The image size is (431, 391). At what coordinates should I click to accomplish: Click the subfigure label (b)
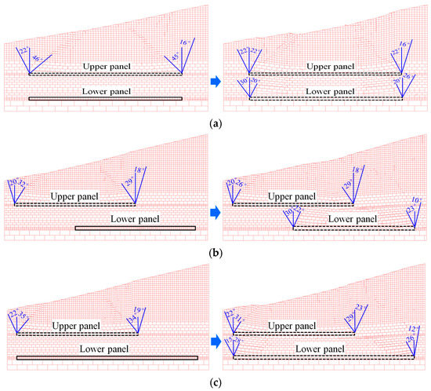215,251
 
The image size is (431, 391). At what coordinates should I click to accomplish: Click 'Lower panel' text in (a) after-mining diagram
325,92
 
